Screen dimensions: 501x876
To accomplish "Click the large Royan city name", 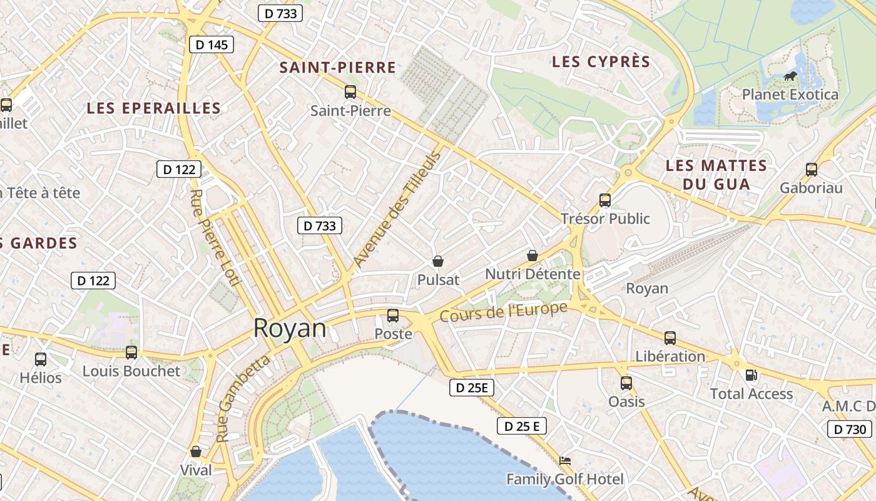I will coord(290,328).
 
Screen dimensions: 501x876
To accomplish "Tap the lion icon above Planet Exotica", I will coord(790,76).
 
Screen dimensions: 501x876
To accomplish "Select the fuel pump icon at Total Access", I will coord(751,375).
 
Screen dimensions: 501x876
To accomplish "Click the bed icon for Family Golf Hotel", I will coord(565,461).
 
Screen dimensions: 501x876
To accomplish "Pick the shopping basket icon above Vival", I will coord(196,452).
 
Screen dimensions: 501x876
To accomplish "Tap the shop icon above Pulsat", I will coord(438,261).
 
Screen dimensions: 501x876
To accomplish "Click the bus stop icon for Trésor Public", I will coord(605,200).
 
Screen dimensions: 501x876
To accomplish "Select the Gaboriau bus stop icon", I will coord(812,169).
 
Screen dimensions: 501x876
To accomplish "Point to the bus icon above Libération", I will coord(670,338).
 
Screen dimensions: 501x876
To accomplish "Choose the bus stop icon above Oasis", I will coord(626,383).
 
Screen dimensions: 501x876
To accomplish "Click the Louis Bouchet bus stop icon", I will coord(131,352).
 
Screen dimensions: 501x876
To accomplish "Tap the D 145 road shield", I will coord(211,44).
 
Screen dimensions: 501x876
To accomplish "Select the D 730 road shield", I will coord(850,429).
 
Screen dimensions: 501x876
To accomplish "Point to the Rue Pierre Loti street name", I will coord(215,237).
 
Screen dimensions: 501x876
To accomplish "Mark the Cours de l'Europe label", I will coord(504,311).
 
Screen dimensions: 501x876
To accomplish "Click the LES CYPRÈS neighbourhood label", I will coord(601,62).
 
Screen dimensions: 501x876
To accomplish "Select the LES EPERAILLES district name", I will coord(154,108).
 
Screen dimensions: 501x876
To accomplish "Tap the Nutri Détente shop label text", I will coord(532,274).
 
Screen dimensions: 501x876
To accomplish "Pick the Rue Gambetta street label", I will coord(243,398).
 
